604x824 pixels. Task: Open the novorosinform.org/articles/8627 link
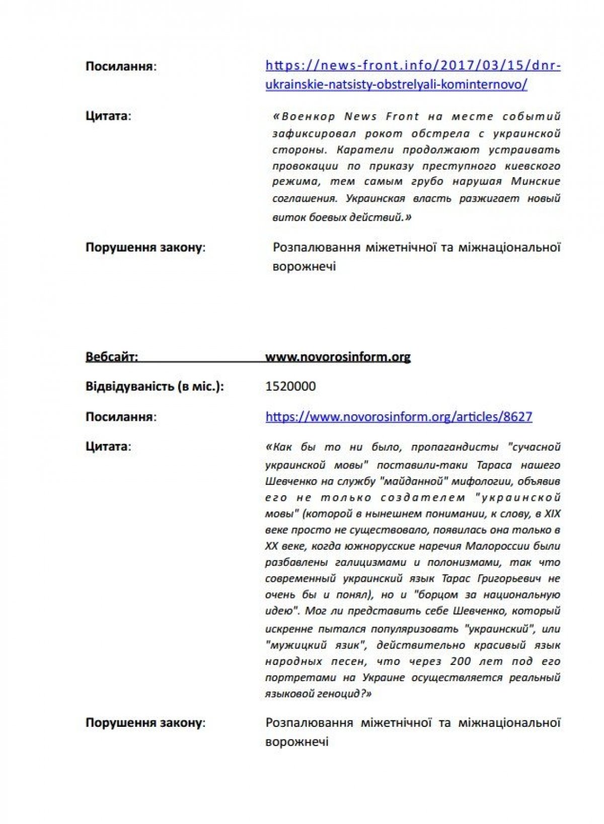click(399, 417)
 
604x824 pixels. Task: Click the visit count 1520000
click(290, 387)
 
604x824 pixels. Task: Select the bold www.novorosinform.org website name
click(338, 357)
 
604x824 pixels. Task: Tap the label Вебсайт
click(111, 357)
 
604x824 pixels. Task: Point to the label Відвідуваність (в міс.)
click(155, 387)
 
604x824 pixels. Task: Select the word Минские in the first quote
click(536, 182)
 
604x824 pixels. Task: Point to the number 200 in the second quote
click(460, 661)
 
